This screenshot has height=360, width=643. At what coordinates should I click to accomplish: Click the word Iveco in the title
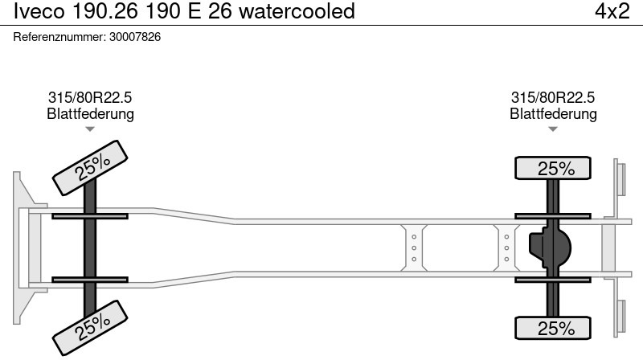pyautogui.click(x=39, y=10)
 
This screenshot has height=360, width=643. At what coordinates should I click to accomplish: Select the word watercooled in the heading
pyautogui.click(x=297, y=10)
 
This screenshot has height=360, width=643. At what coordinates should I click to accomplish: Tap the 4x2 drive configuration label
pyautogui.click(x=612, y=10)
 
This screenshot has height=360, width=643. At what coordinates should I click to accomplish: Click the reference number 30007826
pyautogui.click(x=135, y=37)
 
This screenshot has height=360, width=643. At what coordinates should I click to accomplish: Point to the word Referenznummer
pyautogui.click(x=59, y=37)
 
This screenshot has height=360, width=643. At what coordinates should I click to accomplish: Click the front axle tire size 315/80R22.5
pyautogui.click(x=90, y=97)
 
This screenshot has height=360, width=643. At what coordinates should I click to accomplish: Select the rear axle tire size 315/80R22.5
pyautogui.click(x=553, y=97)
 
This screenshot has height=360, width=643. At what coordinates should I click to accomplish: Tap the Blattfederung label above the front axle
pyautogui.click(x=90, y=113)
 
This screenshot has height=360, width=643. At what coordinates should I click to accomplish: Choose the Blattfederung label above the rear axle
pyautogui.click(x=553, y=113)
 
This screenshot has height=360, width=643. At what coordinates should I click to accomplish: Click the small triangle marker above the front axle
pyautogui.click(x=90, y=129)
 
